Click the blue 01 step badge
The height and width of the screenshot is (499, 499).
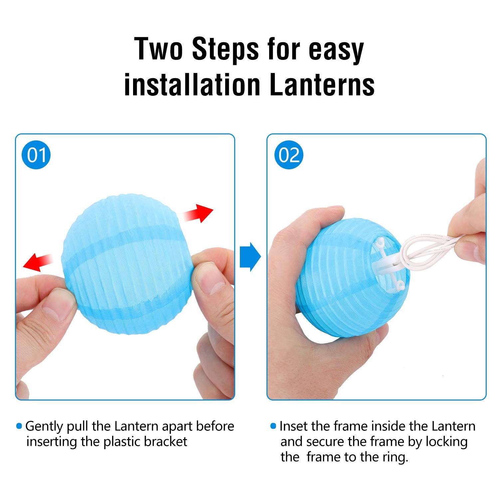pyautogui.click(x=36, y=155)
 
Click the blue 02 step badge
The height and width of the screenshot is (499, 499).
pyautogui.click(x=289, y=155)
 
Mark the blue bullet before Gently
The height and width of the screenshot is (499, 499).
pyautogui.click(x=19, y=426)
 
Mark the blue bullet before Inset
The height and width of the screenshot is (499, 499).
pyautogui.click(x=273, y=426)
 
